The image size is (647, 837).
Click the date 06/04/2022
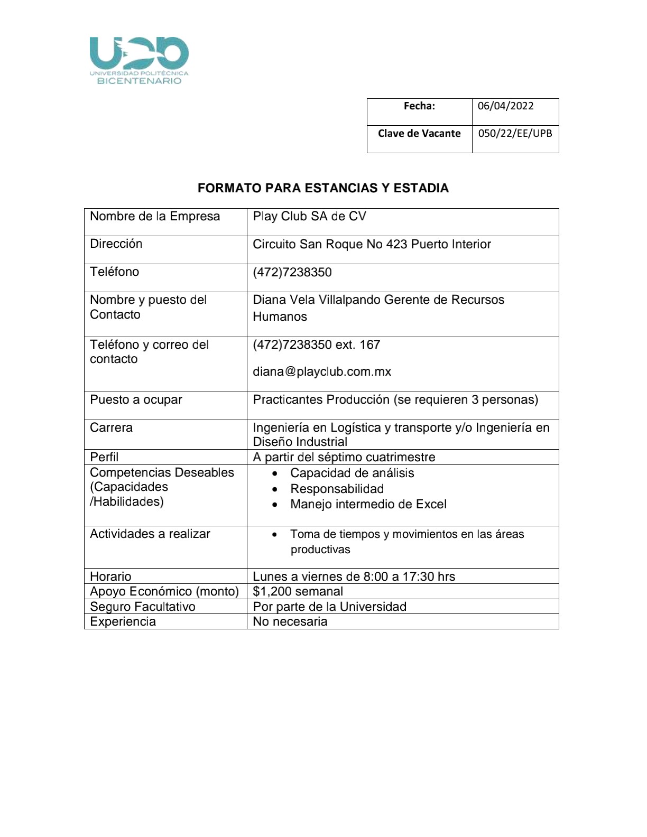[505, 106]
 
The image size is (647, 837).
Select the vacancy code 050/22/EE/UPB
[515, 133]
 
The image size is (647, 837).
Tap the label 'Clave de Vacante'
[419, 133]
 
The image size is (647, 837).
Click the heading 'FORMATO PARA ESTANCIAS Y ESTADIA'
[323, 188]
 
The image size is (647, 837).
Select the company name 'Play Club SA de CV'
[309, 216]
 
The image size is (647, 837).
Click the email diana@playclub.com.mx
[322, 371]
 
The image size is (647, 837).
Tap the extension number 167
[369, 345]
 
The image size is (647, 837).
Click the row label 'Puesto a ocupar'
[136, 399]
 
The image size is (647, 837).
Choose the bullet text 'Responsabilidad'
[337, 489]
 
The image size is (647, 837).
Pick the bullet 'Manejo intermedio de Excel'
[368, 504]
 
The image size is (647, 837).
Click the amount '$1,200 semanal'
[298, 591]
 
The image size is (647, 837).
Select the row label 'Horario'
[110, 576]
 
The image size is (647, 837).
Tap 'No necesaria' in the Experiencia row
[290, 621]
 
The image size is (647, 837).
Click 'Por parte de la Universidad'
[329, 607]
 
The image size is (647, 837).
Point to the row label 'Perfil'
[104, 457]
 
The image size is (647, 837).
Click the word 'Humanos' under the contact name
[280, 317]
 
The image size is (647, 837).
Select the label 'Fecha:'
[419, 106]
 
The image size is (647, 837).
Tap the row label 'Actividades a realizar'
[150, 534]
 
